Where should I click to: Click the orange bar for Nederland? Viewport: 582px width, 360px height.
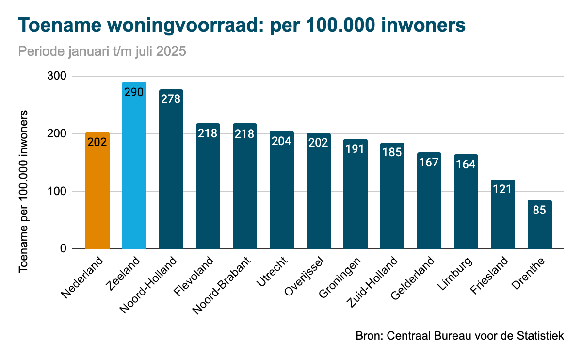pyautogui.click(x=97, y=194)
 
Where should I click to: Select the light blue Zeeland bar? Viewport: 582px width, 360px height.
pyautogui.click(x=134, y=170)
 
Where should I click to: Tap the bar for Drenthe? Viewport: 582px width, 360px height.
pyautogui.click(x=540, y=228)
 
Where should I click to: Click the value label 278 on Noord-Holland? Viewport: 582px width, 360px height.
pyautogui.click(x=171, y=99)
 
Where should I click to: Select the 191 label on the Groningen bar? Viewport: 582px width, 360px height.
pyautogui.click(x=355, y=148)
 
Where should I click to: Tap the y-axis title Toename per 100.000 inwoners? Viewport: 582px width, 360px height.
pyautogui.click(x=23, y=192)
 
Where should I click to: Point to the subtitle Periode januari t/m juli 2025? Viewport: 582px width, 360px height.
pyautogui.click(x=102, y=51)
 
